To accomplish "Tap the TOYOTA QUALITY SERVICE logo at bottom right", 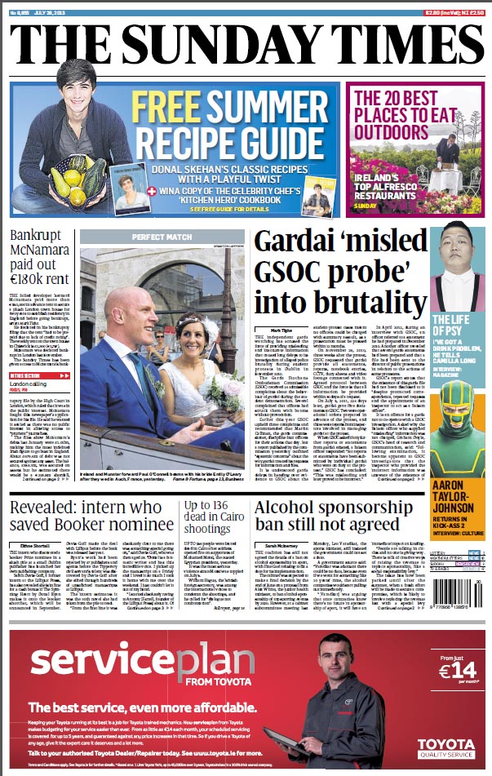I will (x=445, y=747).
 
